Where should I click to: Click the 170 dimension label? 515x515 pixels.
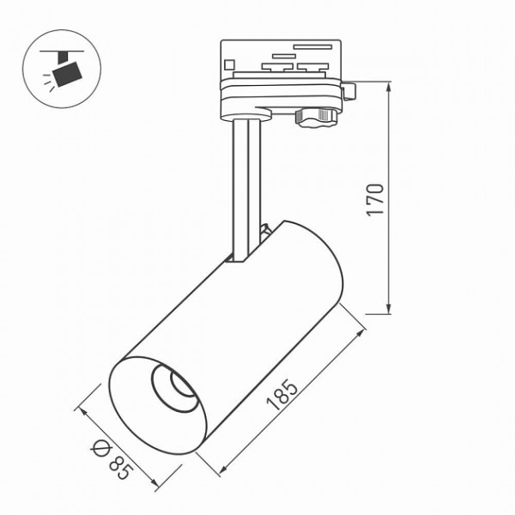point(375,200)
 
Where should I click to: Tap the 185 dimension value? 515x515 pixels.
point(282,395)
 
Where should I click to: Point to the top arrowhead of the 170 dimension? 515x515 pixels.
point(389,88)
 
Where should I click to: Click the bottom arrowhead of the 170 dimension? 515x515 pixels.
point(389,308)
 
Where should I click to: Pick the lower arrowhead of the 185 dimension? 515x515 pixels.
point(222,470)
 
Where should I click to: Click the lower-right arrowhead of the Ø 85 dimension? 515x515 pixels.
point(154,482)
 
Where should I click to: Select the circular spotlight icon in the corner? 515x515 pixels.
point(62,69)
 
